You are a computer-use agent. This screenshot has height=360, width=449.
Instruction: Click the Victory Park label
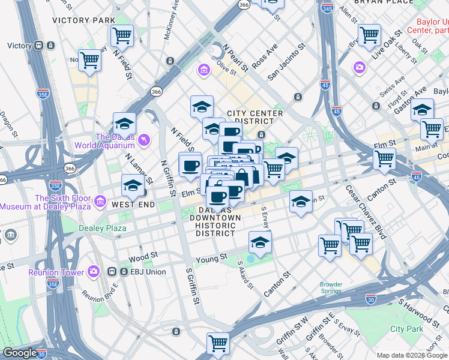pos(83,20)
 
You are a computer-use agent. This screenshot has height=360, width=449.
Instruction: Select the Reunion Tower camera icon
pos(93,272)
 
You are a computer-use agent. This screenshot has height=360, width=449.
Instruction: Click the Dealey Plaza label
pos(103,228)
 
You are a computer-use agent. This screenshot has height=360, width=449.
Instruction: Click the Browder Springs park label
pos(331,288)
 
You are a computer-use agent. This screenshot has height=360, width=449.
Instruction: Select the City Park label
pos(406,329)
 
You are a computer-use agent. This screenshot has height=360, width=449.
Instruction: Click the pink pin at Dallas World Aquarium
pos(143,140)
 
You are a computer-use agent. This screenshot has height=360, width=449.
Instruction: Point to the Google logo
pos(19,353)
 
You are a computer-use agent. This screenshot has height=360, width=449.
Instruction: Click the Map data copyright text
pos(412,355)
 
